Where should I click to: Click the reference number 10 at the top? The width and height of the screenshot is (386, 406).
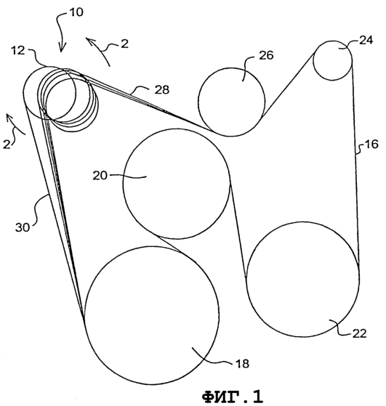coord(76,12)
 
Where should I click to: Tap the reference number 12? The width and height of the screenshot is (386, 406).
coord(18,50)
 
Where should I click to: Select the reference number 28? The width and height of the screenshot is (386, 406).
coord(162,89)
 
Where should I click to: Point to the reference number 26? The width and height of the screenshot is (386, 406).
coord(266,55)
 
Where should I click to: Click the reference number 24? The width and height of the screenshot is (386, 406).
coord(366,40)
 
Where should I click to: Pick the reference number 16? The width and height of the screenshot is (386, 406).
coord(371,145)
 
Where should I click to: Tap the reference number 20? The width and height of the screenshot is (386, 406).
coord(100,176)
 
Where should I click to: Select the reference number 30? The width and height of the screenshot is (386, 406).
coord(23,227)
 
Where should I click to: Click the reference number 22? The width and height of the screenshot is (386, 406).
coord(360,333)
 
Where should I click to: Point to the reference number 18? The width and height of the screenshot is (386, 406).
coord(242,364)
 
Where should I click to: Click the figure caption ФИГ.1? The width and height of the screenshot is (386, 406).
coord(233,396)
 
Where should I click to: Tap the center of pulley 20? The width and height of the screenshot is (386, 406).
coord(177,184)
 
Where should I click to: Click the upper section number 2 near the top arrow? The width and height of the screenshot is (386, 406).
coord(125,44)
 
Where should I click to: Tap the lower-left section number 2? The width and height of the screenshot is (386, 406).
coord(7,144)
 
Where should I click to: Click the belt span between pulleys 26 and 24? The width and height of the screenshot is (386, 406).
coord(289,85)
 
